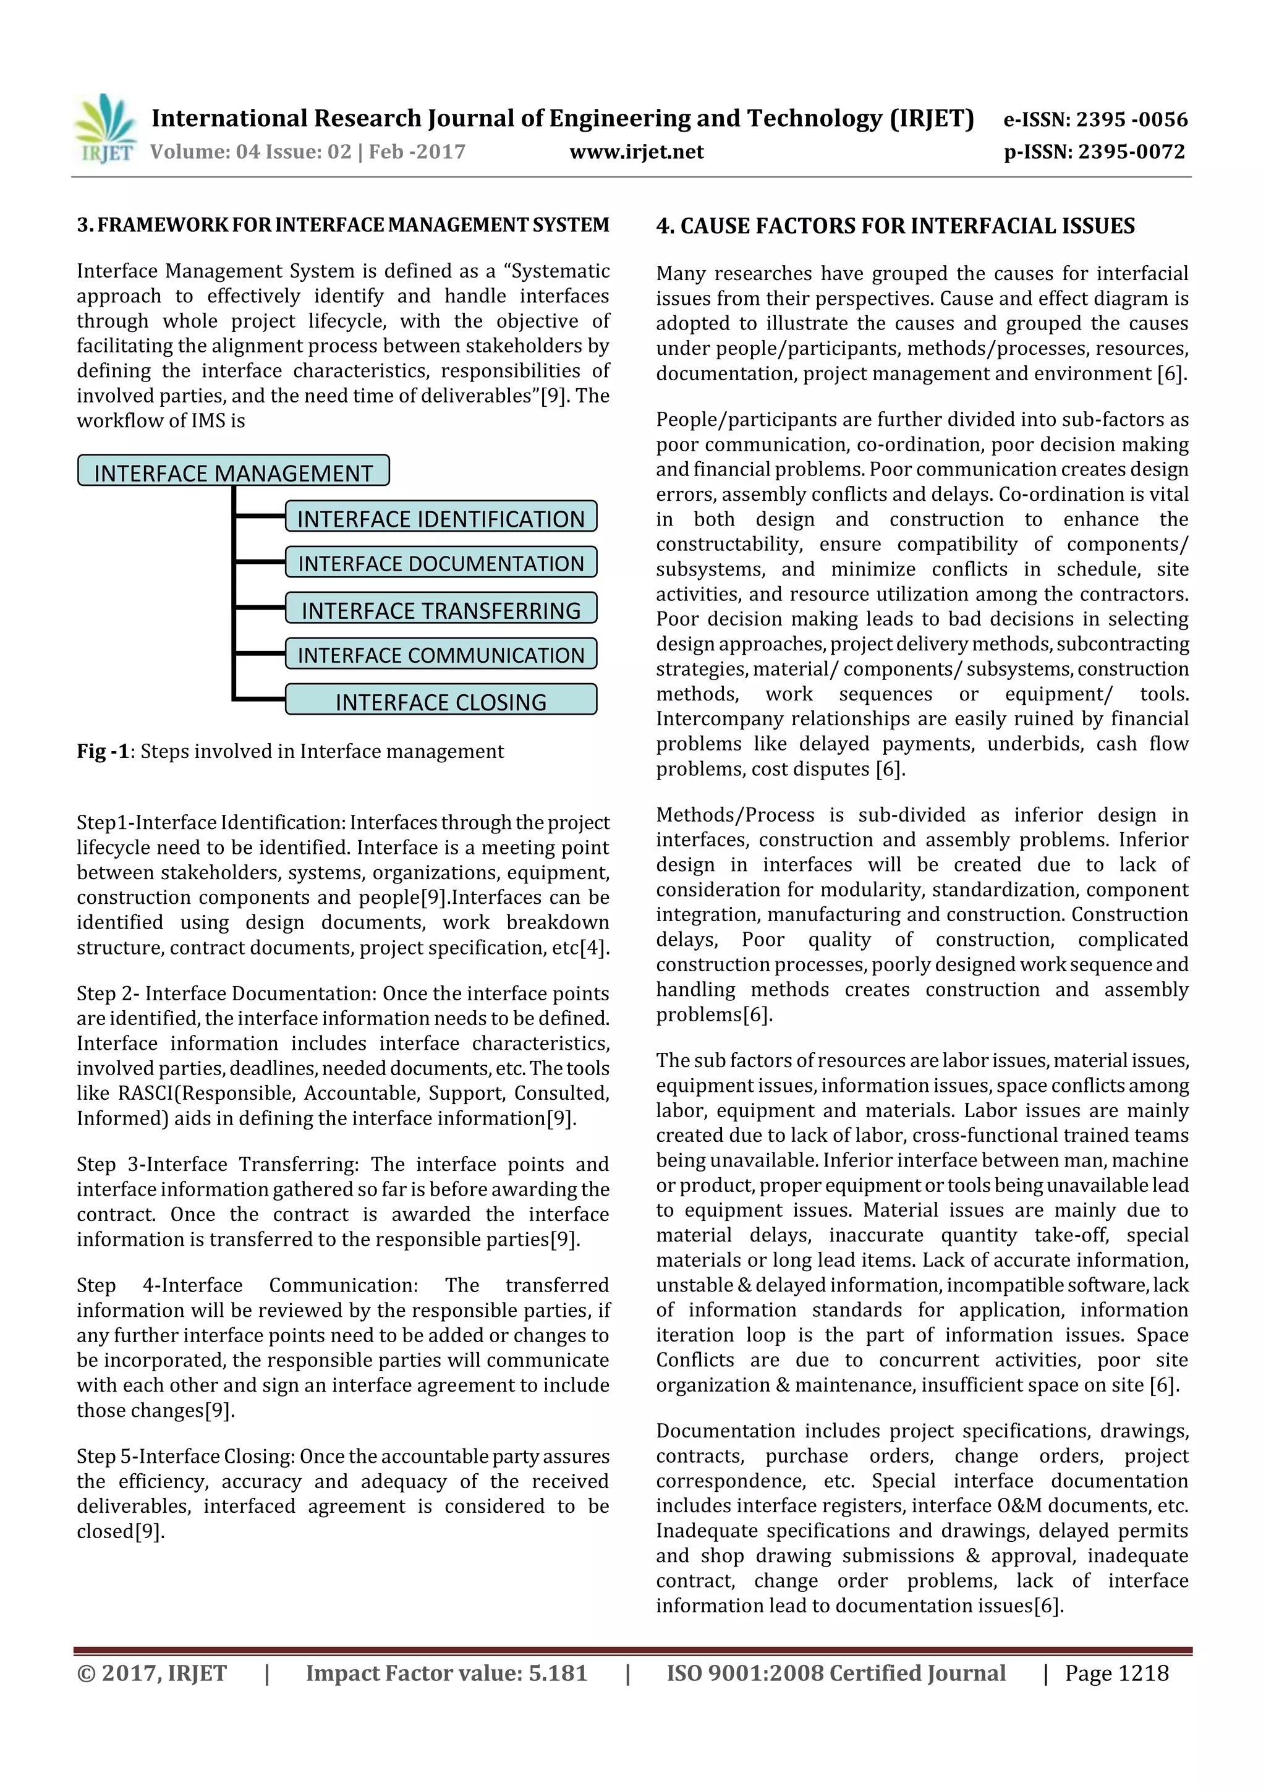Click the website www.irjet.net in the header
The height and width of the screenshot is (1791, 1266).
(637, 152)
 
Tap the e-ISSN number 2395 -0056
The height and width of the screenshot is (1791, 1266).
(1131, 119)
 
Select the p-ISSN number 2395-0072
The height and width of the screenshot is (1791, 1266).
(1131, 152)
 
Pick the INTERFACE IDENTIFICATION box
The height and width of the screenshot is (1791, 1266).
(441, 518)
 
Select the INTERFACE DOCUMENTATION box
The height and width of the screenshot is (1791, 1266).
(441, 563)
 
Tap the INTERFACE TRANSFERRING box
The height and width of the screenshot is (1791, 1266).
(441, 609)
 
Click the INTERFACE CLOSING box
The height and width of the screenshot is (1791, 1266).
(441, 700)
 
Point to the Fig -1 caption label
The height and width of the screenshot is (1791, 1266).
(102, 751)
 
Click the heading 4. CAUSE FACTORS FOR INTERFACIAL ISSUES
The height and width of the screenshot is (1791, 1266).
(894, 226)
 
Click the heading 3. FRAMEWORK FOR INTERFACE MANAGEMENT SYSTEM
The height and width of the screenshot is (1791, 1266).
(343, 226)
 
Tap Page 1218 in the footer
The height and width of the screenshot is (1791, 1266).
(1116, 1673)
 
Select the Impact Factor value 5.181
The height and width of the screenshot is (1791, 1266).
(446, 1673)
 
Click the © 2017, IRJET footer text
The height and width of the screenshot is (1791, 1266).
(151, 1673)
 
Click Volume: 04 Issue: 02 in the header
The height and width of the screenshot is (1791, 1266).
(250, 152)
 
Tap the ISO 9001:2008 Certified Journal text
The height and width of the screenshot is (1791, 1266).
(835, 1673)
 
